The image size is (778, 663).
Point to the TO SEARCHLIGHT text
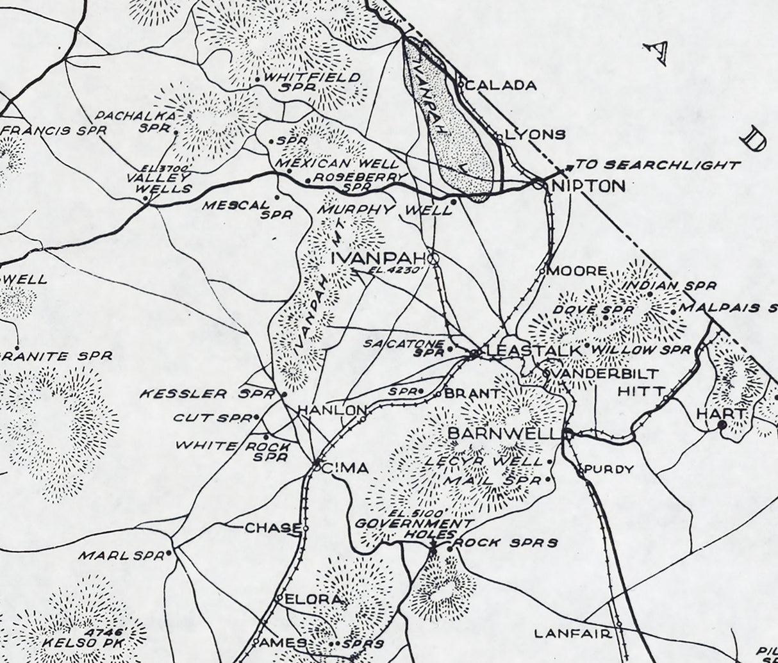click(658, 165)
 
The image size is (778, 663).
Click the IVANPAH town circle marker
click(433, 259)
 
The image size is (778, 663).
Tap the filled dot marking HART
click(722, 424)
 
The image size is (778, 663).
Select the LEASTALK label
click(533, 351)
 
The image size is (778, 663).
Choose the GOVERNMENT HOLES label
click(405, 529)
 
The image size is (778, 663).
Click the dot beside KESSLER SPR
click(284, 395)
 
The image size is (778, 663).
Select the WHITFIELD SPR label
click(313, 81)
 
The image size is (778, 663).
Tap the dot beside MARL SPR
click(169, 553)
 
